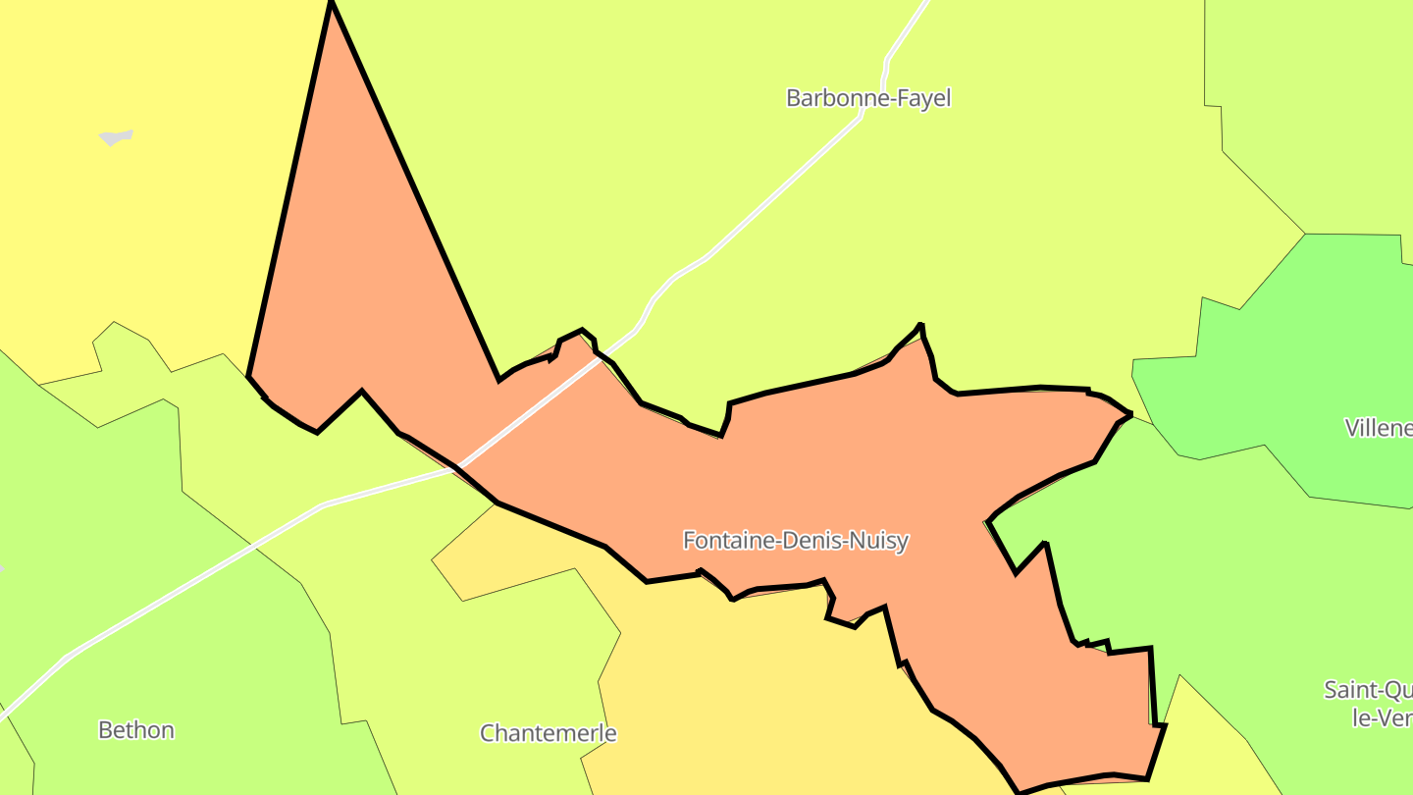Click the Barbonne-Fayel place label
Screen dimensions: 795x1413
pos(868,98)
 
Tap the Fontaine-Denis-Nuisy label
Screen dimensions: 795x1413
pos(795,540)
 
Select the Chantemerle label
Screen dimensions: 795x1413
pos(548,733)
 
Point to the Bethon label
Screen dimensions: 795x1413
pos(136,730)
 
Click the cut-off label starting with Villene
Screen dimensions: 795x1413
pos(1379,428)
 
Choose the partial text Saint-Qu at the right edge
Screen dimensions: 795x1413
pos(1368,690)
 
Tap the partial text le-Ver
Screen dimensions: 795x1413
pos(1382,717)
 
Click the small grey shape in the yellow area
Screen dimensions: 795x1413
pos(116,136)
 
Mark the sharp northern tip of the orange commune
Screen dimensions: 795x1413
pos(332,5)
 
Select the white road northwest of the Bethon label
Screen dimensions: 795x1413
pos(59,662)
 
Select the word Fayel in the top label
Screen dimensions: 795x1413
pos(923,98)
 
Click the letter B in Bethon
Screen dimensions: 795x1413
pos(105,730)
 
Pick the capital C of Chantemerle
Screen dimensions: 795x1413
pos(487,733)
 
